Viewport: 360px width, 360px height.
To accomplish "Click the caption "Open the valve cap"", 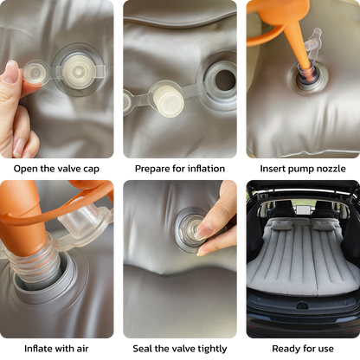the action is [x=56, y=169].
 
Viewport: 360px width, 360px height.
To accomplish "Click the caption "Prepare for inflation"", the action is [x=180, y=169].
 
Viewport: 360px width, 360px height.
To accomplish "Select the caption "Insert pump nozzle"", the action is [x=303, y=169].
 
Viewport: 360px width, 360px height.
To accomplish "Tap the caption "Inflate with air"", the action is [x=56, y=349].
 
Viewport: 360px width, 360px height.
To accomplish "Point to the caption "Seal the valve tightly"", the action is [x=180, y=349].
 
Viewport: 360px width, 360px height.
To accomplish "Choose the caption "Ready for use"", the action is [x=303, y=349].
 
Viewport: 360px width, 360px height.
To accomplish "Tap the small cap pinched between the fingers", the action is [x=34, y=72].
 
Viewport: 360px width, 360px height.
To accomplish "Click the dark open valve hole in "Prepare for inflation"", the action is [x=225, y=80].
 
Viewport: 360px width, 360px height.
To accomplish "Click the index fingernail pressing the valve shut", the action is [x=203, y=231].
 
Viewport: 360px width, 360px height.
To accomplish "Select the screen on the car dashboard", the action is [x=303, y=209].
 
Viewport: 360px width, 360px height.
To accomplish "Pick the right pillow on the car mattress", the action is [x=325, y=224].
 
